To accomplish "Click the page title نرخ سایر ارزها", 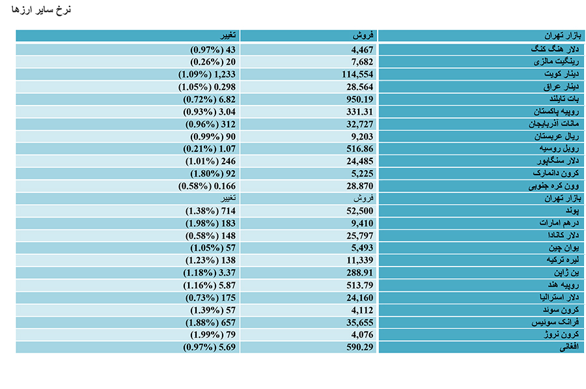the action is (x=41, y=9).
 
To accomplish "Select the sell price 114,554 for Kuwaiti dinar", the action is (x=357, y=74).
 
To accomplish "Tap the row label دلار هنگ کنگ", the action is (x=555, y=49).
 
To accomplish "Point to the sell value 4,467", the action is (x=362, y=50).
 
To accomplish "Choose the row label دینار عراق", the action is (x=561, y=87).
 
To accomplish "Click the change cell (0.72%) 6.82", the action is (x=209, y=100).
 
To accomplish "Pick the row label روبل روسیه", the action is (x=559, y=149).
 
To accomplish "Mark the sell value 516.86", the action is (x=359, y=149).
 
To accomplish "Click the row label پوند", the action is (x=572, y=210).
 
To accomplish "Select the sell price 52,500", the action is (x=359, y=211).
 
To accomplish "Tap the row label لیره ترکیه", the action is (x=563, y=260).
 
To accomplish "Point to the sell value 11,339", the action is (x=359, y=261).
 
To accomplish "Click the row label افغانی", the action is (x=569, y=347).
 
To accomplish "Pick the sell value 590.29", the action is (x=359, y=347).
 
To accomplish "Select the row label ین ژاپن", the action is (x=566, y=272).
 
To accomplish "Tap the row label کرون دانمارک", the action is (x=556, y=173).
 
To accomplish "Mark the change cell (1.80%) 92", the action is (x=213, y=174).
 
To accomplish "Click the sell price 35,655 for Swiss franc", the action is (x=359, y=323).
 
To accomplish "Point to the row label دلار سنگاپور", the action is (x=558, y=161).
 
